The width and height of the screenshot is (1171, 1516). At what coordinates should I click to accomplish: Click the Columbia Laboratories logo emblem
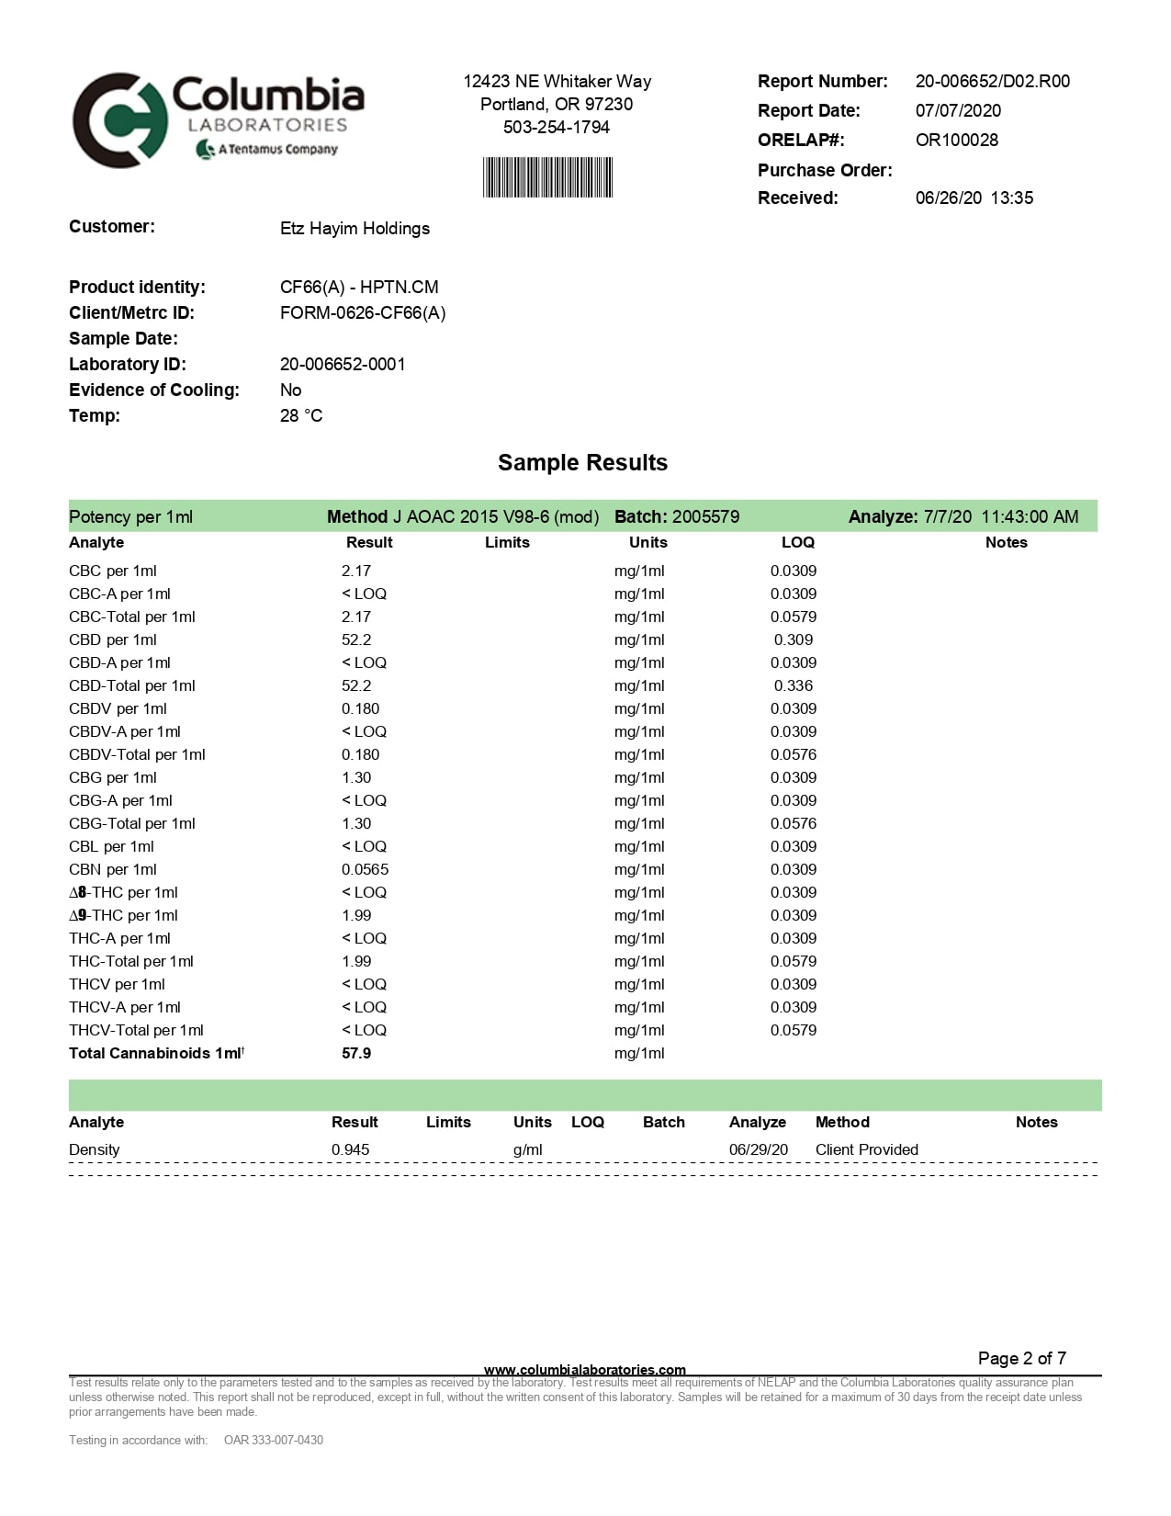(119, 120)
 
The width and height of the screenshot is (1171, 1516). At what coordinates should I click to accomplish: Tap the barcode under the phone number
(547, 177)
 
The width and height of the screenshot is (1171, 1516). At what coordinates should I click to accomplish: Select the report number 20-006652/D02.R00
(992, 81)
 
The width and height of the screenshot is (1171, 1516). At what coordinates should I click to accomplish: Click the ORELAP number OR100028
(956, 140)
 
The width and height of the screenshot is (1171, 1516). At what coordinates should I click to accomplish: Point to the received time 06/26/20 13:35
(974, 198)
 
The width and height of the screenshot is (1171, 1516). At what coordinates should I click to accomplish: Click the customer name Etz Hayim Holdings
(355, 228)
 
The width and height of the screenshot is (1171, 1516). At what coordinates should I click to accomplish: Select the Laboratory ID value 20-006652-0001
(343, 364)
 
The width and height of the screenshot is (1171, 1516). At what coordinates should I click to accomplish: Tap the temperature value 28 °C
(301, 415)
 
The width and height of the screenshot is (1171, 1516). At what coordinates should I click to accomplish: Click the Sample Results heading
(582, 462)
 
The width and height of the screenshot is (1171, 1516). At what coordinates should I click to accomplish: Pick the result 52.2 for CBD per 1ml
(356, 639)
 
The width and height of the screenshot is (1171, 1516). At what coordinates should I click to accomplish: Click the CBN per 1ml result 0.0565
(365, 869)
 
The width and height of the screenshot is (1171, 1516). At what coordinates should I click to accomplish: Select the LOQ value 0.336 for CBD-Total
(793, 685)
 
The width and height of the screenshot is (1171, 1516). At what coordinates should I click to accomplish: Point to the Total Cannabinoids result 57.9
(356, 1053)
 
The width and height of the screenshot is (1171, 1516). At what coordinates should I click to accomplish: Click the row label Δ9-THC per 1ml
(123, 915)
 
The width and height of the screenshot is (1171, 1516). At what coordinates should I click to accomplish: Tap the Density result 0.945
(351, 1149)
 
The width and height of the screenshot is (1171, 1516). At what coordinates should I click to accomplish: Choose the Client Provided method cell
(866, 1149)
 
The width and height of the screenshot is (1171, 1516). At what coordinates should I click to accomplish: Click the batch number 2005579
(705, 516)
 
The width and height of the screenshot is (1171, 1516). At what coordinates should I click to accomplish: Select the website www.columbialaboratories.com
(584, 1369)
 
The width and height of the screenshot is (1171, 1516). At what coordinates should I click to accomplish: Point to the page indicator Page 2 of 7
(1021, 1358)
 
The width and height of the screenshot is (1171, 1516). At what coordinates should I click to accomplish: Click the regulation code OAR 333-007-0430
(274, 1440)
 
